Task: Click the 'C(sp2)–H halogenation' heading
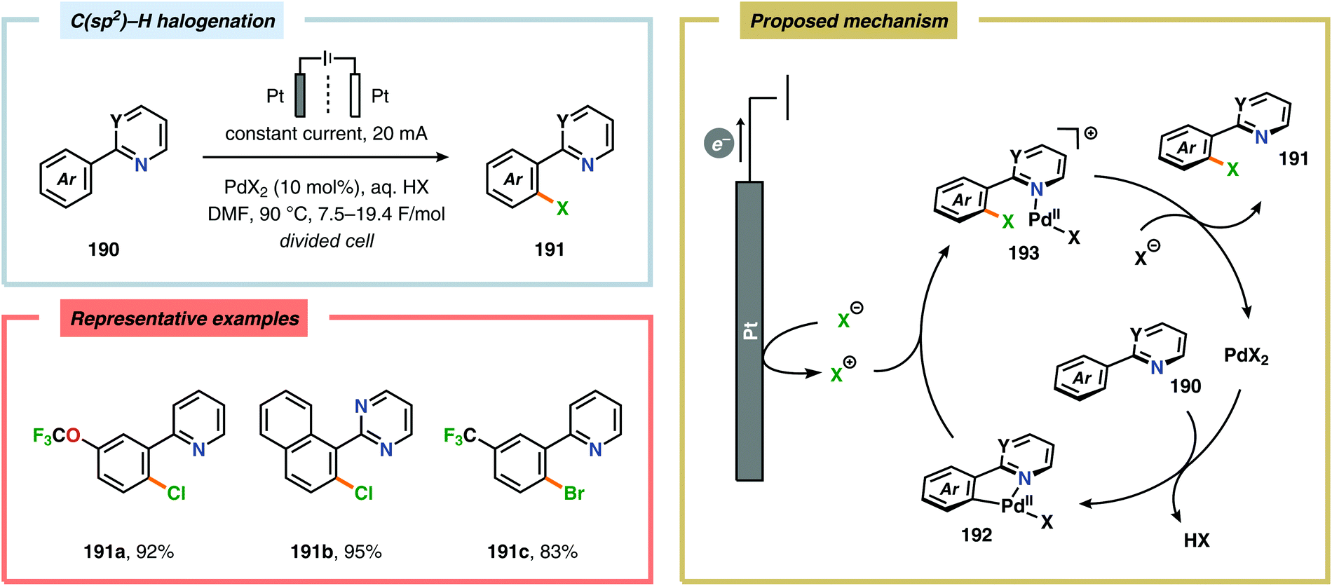172,21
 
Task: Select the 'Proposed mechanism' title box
848,21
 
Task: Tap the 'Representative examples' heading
184,319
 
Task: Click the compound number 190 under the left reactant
103,250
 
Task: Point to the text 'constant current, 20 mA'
326,134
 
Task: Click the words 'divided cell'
326,241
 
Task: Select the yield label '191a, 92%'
128,552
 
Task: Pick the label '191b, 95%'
336,552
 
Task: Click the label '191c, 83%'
533,552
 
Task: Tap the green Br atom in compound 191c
573,493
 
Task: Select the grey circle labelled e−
719,144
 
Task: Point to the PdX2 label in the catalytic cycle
1246,356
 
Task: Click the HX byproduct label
1196,540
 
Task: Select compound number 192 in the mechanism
976,536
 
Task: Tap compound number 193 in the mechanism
1023,254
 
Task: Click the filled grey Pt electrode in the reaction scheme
300,95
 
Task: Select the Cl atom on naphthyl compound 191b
363,493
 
